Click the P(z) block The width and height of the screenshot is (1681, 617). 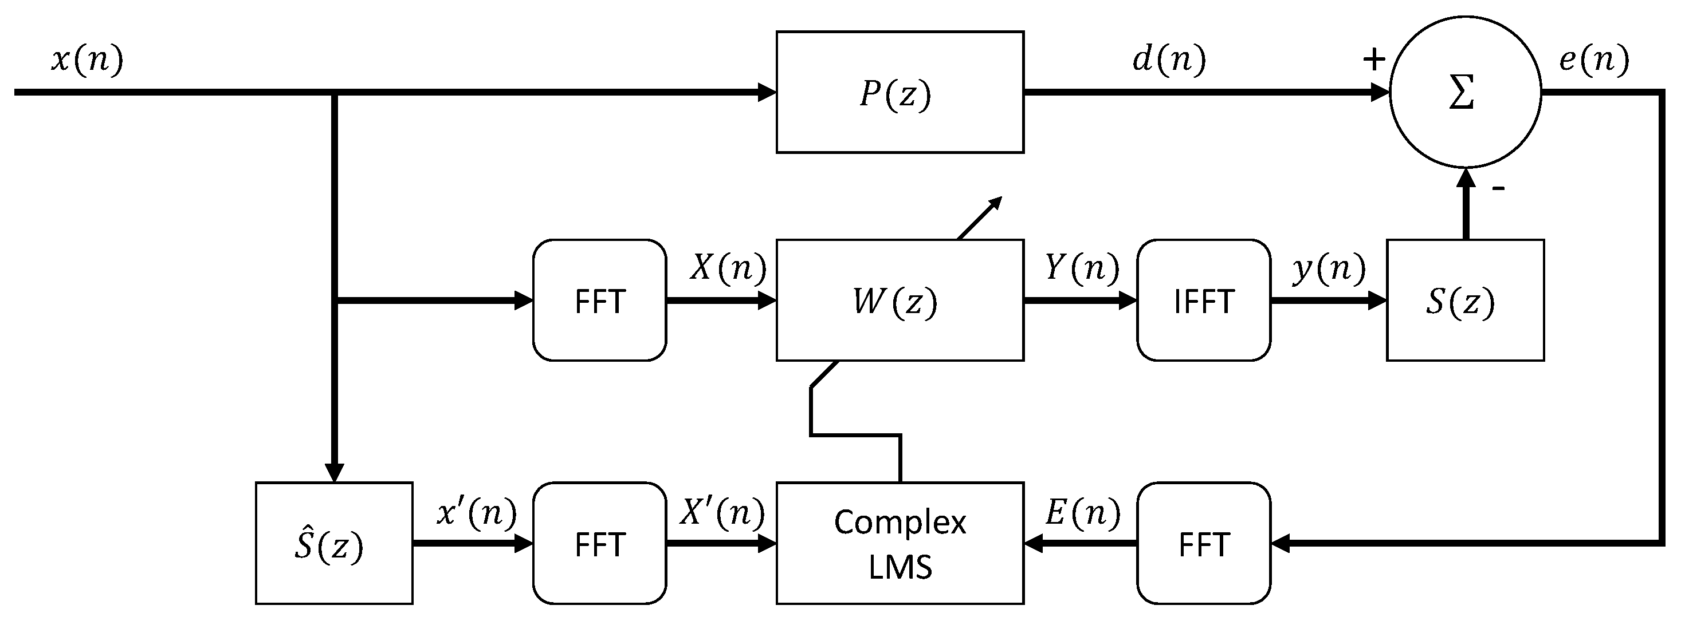[x=900, y=92]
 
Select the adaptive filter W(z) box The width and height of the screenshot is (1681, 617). [x=900, y=300]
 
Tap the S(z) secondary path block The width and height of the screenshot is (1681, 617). [x=1464, y=300]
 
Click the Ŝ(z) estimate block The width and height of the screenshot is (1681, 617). [x=333, y=543]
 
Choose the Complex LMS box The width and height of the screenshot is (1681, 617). [x=900, y=543]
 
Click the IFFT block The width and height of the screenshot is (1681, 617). [x=1203, y=300]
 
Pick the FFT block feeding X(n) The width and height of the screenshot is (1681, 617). [x=599, y=300]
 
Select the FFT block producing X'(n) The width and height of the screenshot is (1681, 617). [x=599, y=543]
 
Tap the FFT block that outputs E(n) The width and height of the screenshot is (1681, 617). [x=1203, y=543]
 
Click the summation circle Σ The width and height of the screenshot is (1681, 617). [x=1465, y=92]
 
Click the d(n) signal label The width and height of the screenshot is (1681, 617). [x=1169, y=60]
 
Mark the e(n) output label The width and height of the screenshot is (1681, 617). [x=1593, y=60]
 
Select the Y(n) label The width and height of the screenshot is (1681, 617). [x=1082, y=267]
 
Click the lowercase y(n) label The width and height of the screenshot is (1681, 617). [x=1329, y=267]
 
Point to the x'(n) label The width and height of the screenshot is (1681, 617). [x=476, y=513]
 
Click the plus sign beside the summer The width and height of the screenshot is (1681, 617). [x=1374, y=60]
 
